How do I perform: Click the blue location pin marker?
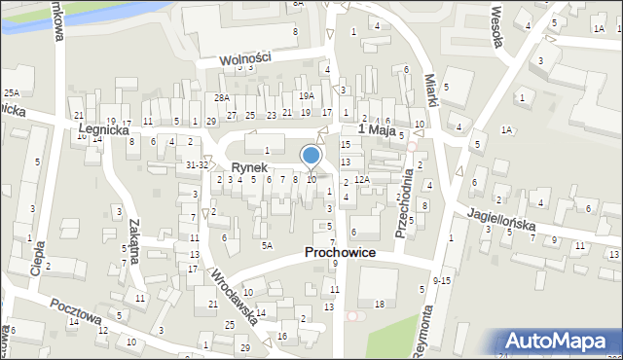pos(311,157)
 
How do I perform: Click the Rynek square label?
pos(248,167)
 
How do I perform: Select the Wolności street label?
pos(244,57)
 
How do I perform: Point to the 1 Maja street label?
pos(379,129)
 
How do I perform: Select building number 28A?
pos(222,97)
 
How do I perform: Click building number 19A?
pos(307,95)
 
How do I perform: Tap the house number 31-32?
pos(197,164)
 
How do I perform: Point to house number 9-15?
pos(441,280)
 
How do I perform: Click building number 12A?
pos(360,180)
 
